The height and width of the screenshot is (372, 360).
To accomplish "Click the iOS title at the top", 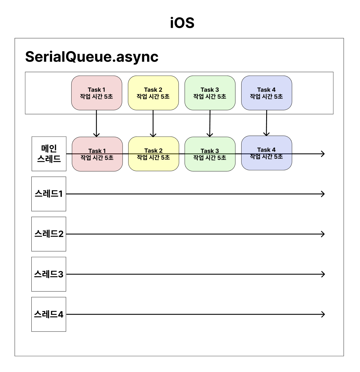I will [182, 23].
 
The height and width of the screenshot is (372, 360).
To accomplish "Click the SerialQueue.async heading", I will [92, 56].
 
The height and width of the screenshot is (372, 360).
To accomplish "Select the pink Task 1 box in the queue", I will [97, 93].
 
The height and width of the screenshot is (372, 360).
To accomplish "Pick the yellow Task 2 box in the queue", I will [153, 93].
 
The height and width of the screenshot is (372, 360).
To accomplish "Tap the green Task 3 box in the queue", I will [210, 93].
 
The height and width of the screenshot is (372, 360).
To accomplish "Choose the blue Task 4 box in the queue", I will [266, 93].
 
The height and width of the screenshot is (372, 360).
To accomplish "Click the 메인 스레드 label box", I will [49, 154].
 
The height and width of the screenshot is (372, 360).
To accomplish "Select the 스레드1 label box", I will [49, 194].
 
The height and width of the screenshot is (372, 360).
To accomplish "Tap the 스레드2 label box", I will [49, 234].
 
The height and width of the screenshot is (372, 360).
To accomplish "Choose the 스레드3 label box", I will [49, 274].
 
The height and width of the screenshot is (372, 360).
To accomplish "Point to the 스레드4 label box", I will [49, 314].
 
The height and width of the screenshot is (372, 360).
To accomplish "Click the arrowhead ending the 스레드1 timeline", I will [323, 194].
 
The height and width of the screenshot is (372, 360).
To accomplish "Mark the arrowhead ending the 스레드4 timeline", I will [323, 314].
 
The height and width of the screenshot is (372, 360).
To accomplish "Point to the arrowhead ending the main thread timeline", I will [323, 154].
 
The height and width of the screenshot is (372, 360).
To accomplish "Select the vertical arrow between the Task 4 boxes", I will [266, 123].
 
